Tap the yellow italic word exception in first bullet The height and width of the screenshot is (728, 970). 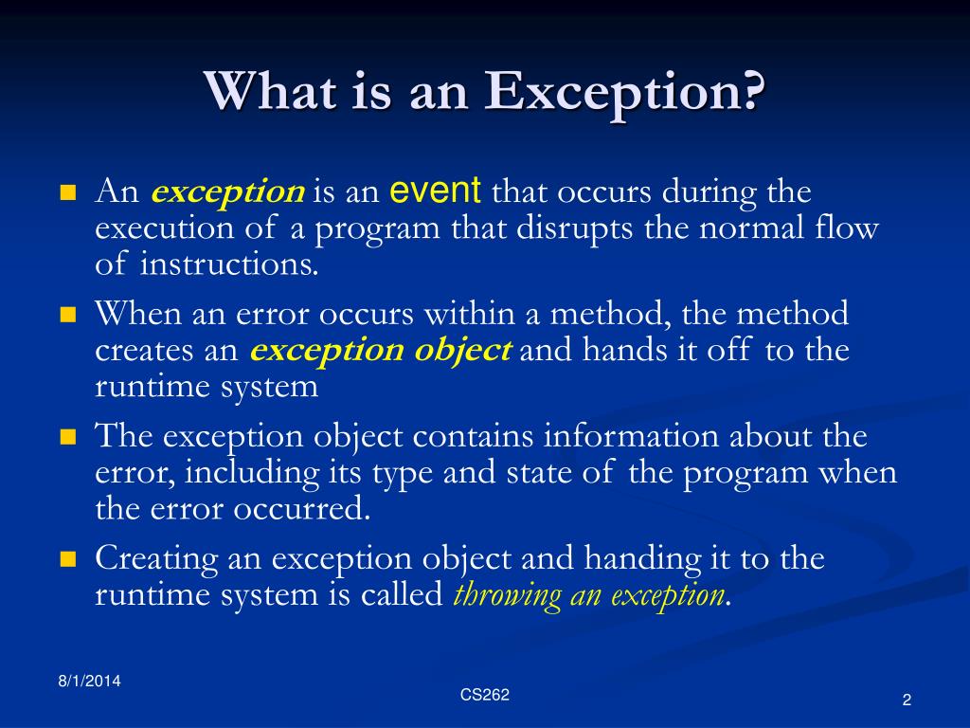[x=227, y=192]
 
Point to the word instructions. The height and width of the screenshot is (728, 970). [x=229, y=264]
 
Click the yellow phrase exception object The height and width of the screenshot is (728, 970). [x=380, y=350]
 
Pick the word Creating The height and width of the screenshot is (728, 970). [x=156, y=558]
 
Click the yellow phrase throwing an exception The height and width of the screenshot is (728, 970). [x=589, y=594]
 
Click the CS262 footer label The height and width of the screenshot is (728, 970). [x=485, y=695]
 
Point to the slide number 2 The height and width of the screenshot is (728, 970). [x=907, y=701]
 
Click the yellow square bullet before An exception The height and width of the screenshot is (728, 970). [x=67, y=193]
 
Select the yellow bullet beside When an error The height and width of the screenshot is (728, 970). [x=67, y=315]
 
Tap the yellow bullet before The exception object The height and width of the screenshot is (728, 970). [x=67, y=437]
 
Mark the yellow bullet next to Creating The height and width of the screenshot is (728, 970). [x=67, y=559]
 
